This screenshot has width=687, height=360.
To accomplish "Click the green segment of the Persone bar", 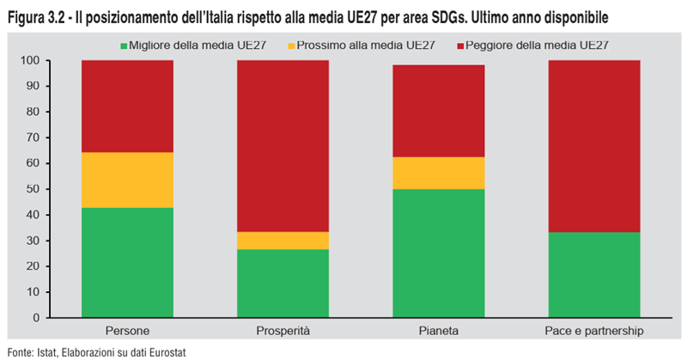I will coord(127,262).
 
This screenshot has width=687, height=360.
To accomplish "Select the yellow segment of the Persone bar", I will coord(127,180).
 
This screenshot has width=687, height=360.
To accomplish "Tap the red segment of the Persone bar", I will coord(127,106).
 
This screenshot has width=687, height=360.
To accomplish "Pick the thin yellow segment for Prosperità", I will coord(283,241).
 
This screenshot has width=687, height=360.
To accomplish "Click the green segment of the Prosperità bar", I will coord(283,283).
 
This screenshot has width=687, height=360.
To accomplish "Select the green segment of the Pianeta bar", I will coord(438,253).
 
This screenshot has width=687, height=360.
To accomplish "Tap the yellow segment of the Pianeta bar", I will coord(438,173).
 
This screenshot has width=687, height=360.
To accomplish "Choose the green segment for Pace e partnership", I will coord(593,274).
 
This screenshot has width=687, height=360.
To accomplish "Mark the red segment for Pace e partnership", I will coord(593,146).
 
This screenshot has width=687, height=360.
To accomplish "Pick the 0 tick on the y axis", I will coord(35,317).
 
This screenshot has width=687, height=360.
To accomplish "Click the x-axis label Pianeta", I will coord(438,331).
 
